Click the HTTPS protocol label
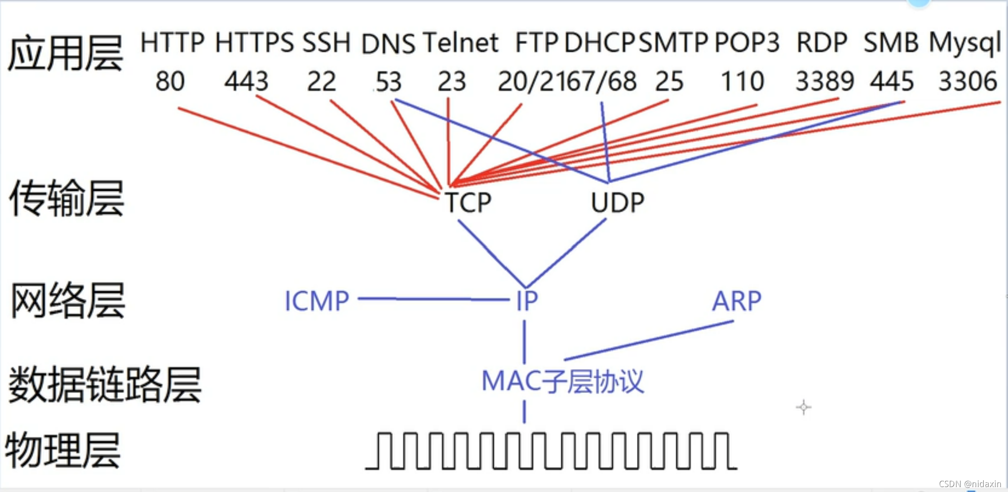254,43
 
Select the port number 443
246,82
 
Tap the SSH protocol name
326,43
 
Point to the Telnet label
460,43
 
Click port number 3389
824,82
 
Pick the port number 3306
968,82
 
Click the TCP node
468,202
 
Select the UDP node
617,202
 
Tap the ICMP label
317,301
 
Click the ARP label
737,301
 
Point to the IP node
526,301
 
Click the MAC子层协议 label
562,382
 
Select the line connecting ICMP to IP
433,299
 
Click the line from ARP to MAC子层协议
649,340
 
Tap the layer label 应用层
65,54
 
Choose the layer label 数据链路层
104,384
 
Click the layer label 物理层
63,450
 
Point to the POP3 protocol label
747,43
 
